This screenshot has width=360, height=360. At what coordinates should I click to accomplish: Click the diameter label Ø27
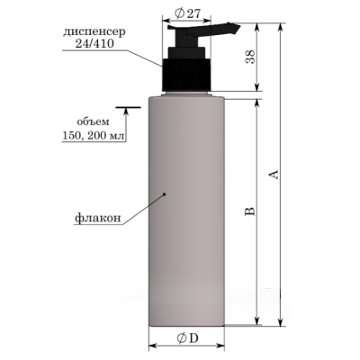187,13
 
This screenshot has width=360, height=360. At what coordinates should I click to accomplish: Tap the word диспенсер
94,32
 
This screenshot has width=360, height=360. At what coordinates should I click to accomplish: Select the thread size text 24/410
94,44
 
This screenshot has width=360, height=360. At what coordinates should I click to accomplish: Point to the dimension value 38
250,57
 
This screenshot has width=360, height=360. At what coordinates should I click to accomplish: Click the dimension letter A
274,175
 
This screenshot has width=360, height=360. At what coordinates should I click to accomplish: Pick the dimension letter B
250,211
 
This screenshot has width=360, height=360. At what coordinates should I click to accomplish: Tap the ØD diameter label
187,338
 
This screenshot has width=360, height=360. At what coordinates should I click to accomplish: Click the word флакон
98,218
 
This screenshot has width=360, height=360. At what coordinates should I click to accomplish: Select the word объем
94,122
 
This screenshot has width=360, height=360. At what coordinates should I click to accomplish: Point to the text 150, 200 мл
93,136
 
